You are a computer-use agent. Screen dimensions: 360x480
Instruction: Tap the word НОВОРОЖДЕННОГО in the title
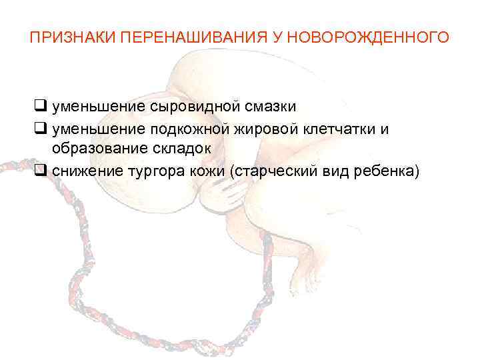(x=371, y=36)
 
